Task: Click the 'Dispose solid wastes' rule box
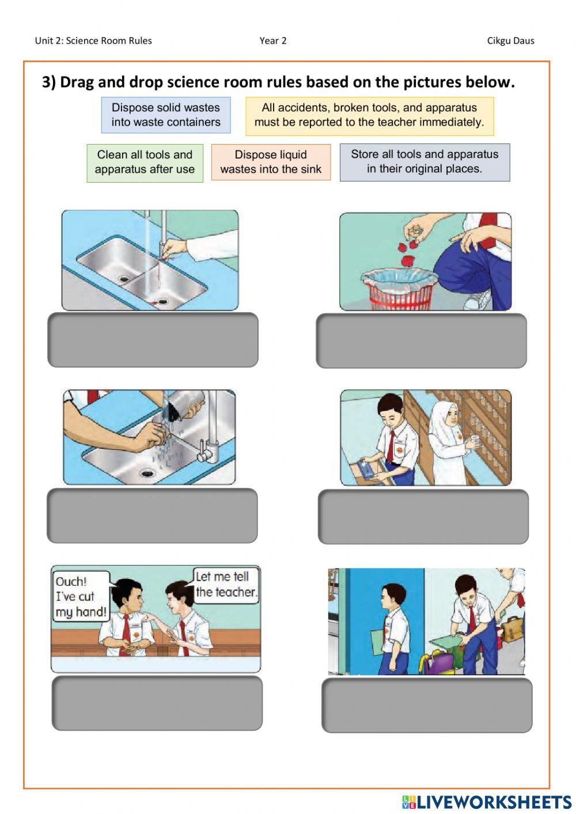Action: (x=166, y=115)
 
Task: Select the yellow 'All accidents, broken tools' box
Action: (x=369, y=115)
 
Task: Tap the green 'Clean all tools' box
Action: (x=145, y=162)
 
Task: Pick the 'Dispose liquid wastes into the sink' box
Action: (x=271, y=162)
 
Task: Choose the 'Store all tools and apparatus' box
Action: (x=425, y=162)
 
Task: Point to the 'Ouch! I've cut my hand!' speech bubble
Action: (x=81, y=596)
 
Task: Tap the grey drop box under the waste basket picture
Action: (x=421, y=340)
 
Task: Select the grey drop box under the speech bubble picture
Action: (x=157, y=703)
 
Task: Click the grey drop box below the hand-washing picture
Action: (x=152, y=516)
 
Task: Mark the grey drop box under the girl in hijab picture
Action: (x=423, y=517)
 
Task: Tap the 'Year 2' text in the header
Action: (x=273, y=40)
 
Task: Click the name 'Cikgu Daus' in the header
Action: (x=510, y=40)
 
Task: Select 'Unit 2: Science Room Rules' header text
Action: (x=93, y=40)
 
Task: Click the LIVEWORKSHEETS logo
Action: (x=486, y=801)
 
